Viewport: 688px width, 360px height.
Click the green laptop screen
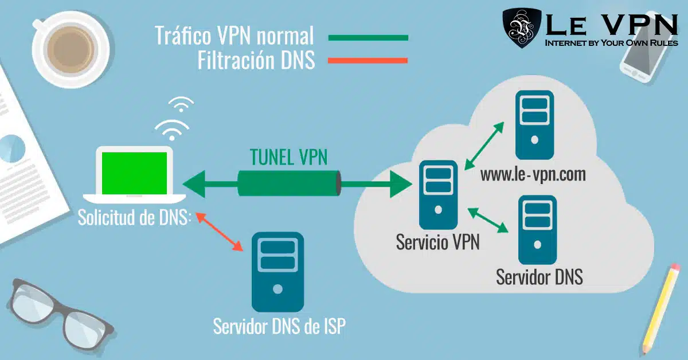tap(135, 173)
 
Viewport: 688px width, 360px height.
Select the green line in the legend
tap(368, 38)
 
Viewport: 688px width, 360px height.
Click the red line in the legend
tap(368, 60)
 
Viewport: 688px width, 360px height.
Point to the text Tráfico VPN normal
tap(234, 36)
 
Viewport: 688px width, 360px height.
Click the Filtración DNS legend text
tap(256, 60)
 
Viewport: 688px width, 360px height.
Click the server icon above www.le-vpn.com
tap(534, 124)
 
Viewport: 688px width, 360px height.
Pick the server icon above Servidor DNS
tap(537, 229)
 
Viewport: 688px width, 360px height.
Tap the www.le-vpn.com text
tap(533, 175)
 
